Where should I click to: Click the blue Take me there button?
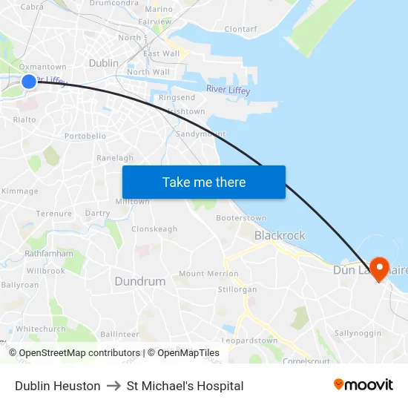[x=203, y=182]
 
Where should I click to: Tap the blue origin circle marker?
[x=29, y=82]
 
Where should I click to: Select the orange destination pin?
[x=380, y=268]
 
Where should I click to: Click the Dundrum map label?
[x=140, y=281]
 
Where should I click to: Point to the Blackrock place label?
[x=280, y=235]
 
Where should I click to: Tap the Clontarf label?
[x=240, y=30]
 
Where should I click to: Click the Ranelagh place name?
[x=115, y=158]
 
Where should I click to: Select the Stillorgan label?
[x=239, y=289]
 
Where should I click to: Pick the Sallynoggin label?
[x=358, y=334]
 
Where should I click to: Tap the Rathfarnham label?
[x=49, y=253]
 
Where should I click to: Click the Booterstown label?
[x=241, y=218]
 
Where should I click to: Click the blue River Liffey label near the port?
[x=228, y=91]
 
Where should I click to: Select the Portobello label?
[x=85, y=136]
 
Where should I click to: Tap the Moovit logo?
[x=363, y=385]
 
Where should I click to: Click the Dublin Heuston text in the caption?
[x=57, y=386]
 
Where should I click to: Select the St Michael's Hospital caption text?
[x=185, y=386]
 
